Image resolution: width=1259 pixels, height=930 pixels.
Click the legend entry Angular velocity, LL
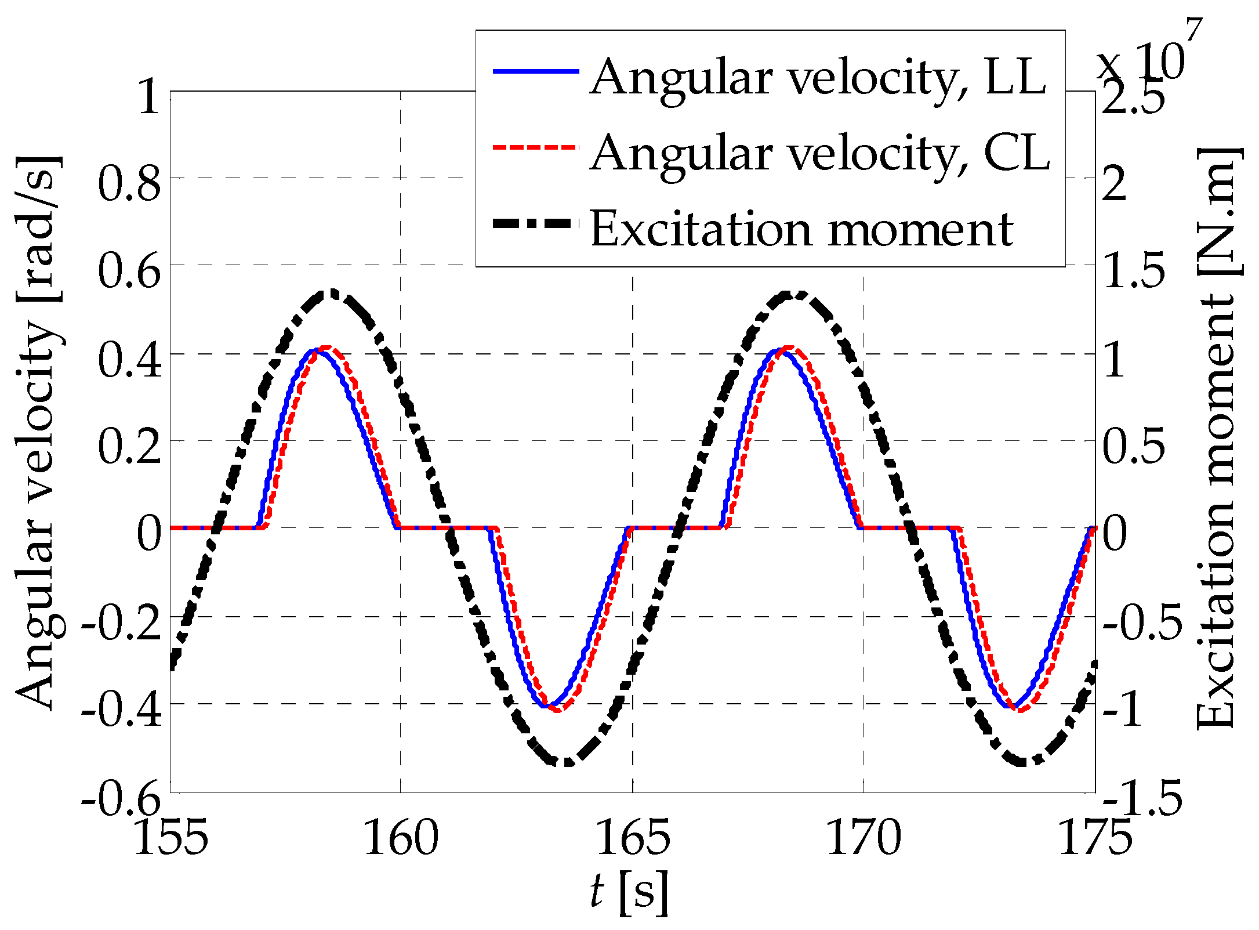(818, 77)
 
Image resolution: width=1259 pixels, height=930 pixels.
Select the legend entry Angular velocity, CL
(820, 153)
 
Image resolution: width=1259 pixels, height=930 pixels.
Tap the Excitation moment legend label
(801, 229)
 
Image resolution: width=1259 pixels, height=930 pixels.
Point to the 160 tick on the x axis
(401, 838)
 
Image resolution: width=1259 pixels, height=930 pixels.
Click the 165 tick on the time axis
(633, 838)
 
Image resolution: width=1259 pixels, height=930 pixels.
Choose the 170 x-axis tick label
(863, 838)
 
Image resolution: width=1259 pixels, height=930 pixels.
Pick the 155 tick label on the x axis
(170, 838)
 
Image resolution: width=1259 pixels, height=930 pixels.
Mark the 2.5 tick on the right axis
(1133, 97)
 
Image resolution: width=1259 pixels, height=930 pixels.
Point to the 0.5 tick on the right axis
(1133, 447)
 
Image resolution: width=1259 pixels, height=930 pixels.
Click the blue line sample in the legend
(536, 71)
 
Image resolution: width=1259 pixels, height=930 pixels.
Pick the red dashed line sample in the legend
(536, 147)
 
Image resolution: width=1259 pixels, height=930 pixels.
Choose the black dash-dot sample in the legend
(536, 224)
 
